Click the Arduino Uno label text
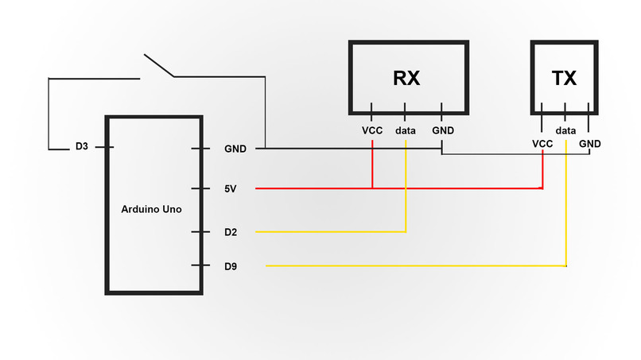(x=151, y=210)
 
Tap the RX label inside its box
(x=406, y=79)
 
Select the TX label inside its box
(x=564, y=79)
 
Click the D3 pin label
(x=82, y=147)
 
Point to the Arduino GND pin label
(x=235, y=149)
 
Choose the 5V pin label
(x=231, y=189)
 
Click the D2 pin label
(x=231, y=232)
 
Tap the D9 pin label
(x=231, y=266)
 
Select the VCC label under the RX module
(x=372, y=130)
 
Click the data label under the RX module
(x=406, y=130)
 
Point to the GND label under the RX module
(x=442, y=130)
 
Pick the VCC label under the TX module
(x=542, y=143)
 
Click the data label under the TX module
(x=565, y=130)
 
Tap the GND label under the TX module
(x=590, y=143)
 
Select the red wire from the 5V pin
(x=318, y=189)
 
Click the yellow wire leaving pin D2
(x=334, y=232)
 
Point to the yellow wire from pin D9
(x=414, y=266)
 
